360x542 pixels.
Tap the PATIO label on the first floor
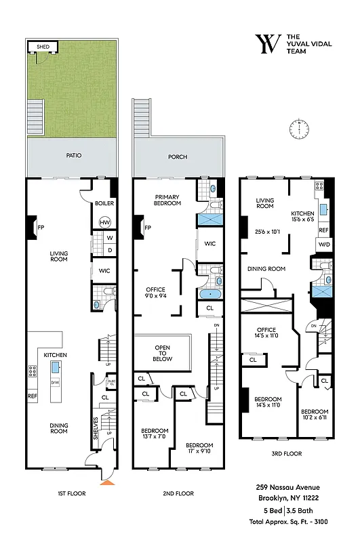click(x=74, y=155)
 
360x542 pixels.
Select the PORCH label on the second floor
click(x=178, y=157)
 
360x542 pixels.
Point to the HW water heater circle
click(x=105, y=222)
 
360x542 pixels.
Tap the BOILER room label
click(x=104, y=203)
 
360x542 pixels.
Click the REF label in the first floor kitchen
click(x=33, y=396)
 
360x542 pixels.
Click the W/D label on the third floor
click(x=324, y=245)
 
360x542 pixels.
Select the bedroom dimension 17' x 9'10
click(x=199, y=449)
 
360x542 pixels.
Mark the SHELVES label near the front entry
click(x=96, y=428)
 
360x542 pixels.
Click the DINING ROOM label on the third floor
click(x=267, y=269)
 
